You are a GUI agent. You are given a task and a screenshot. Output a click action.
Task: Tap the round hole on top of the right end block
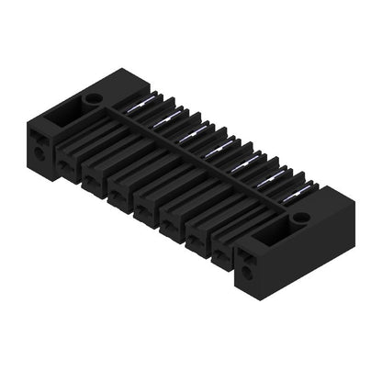[x=300, y=219]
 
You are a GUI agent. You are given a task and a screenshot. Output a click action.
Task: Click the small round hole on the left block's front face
[x=39, y=153]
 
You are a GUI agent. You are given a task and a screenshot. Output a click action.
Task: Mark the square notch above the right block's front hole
[x=248, y=259]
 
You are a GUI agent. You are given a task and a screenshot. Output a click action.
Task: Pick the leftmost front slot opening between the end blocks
[x=67, y=163]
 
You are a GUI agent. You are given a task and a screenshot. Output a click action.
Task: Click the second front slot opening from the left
[x=93, y=177]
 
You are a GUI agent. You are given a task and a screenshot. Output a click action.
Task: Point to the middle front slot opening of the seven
[x=144, y=208]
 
